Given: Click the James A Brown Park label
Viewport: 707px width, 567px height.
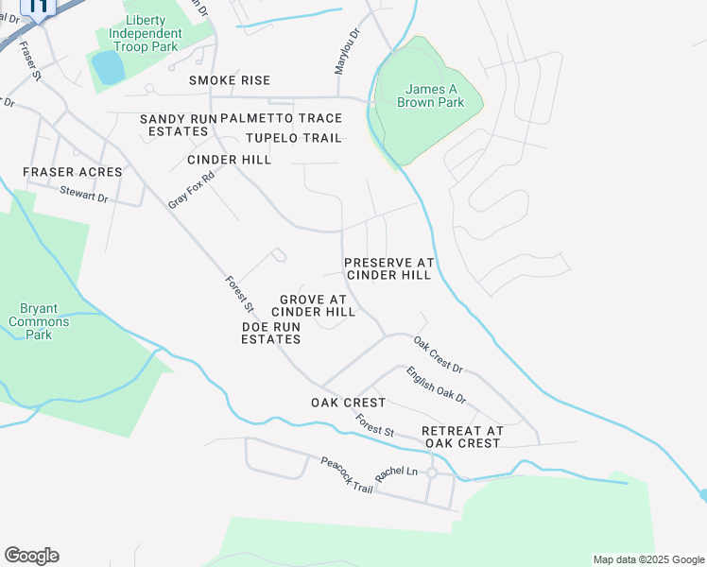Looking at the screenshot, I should tap(430, 95).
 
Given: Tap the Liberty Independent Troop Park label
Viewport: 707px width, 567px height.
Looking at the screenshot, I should tap(145, 33).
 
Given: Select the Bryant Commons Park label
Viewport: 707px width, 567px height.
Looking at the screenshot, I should tap(39, 321).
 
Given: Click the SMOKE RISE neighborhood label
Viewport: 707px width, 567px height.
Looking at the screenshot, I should tap(229, 81).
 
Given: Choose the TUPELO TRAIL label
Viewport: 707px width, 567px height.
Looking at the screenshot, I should tap(293, 138).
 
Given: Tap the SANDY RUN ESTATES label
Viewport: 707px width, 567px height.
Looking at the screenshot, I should tap(178, 125).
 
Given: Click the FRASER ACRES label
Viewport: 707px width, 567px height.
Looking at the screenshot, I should tap(73, 172).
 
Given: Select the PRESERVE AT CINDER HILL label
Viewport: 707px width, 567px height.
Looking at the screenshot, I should tap(388, 268).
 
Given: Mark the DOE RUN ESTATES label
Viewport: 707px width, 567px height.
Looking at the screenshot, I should tap(270, 333).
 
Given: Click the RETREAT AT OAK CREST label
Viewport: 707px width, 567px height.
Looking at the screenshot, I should tap(461, 437).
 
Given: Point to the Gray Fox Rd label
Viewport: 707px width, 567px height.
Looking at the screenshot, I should tap(191, 189).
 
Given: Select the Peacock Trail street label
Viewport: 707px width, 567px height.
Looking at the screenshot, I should tap(346, 473).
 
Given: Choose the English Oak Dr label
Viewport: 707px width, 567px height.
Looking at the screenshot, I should tap(437, 386).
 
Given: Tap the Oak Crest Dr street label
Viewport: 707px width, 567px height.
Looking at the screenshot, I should tap(438, 355).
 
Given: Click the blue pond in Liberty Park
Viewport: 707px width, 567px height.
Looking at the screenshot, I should tap(108, 67).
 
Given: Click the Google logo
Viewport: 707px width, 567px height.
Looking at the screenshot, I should tap(31, 556).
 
